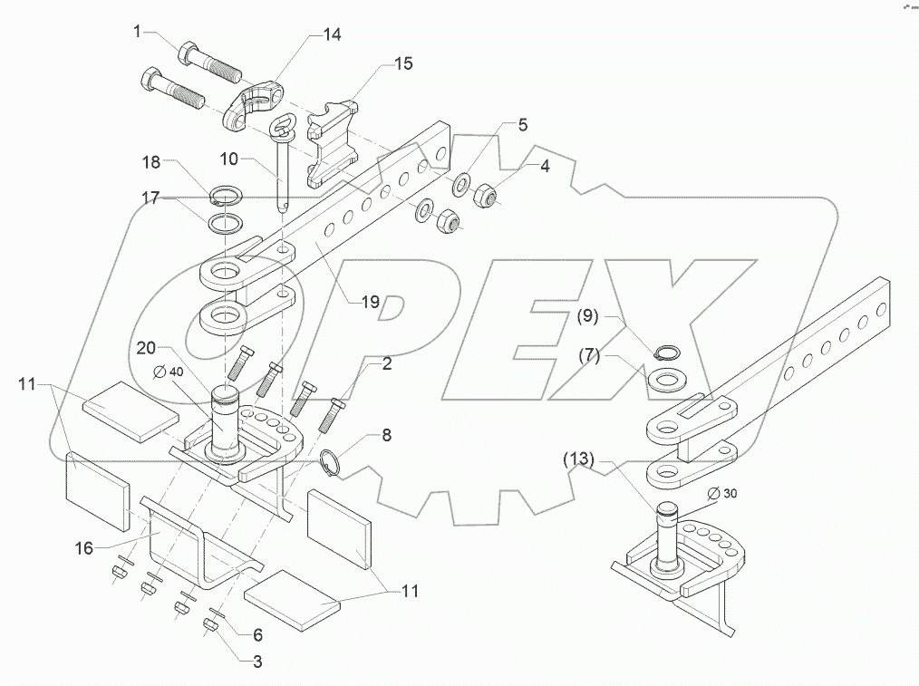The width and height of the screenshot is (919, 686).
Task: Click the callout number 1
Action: coord(138,32)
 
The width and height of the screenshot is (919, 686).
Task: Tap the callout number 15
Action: coord(402,63)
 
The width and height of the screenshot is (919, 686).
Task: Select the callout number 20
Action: coord(148,348)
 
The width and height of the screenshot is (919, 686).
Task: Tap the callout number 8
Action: coord(386,435)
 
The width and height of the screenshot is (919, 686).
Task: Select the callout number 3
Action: coord(257,662)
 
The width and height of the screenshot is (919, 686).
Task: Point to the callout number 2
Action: coord(386,364)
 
